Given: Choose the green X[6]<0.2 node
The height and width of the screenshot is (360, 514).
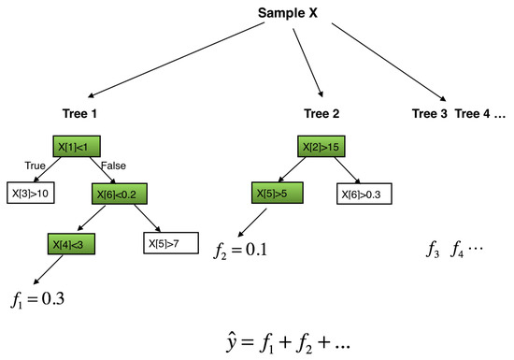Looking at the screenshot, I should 121,194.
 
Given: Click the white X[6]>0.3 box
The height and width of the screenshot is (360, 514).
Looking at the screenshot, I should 364,194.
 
